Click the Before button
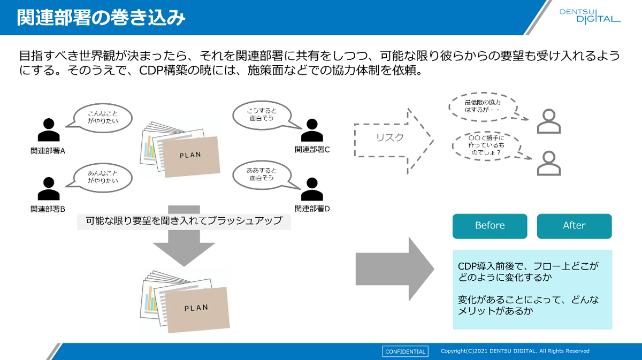490,226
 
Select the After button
574,226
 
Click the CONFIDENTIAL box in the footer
405,351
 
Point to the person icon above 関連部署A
49,130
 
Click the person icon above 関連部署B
49,189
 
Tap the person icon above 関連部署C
312,130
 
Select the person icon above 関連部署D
312,189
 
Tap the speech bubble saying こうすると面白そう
261,114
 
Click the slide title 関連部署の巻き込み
101,18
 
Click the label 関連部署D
312,209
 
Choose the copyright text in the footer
515,351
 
